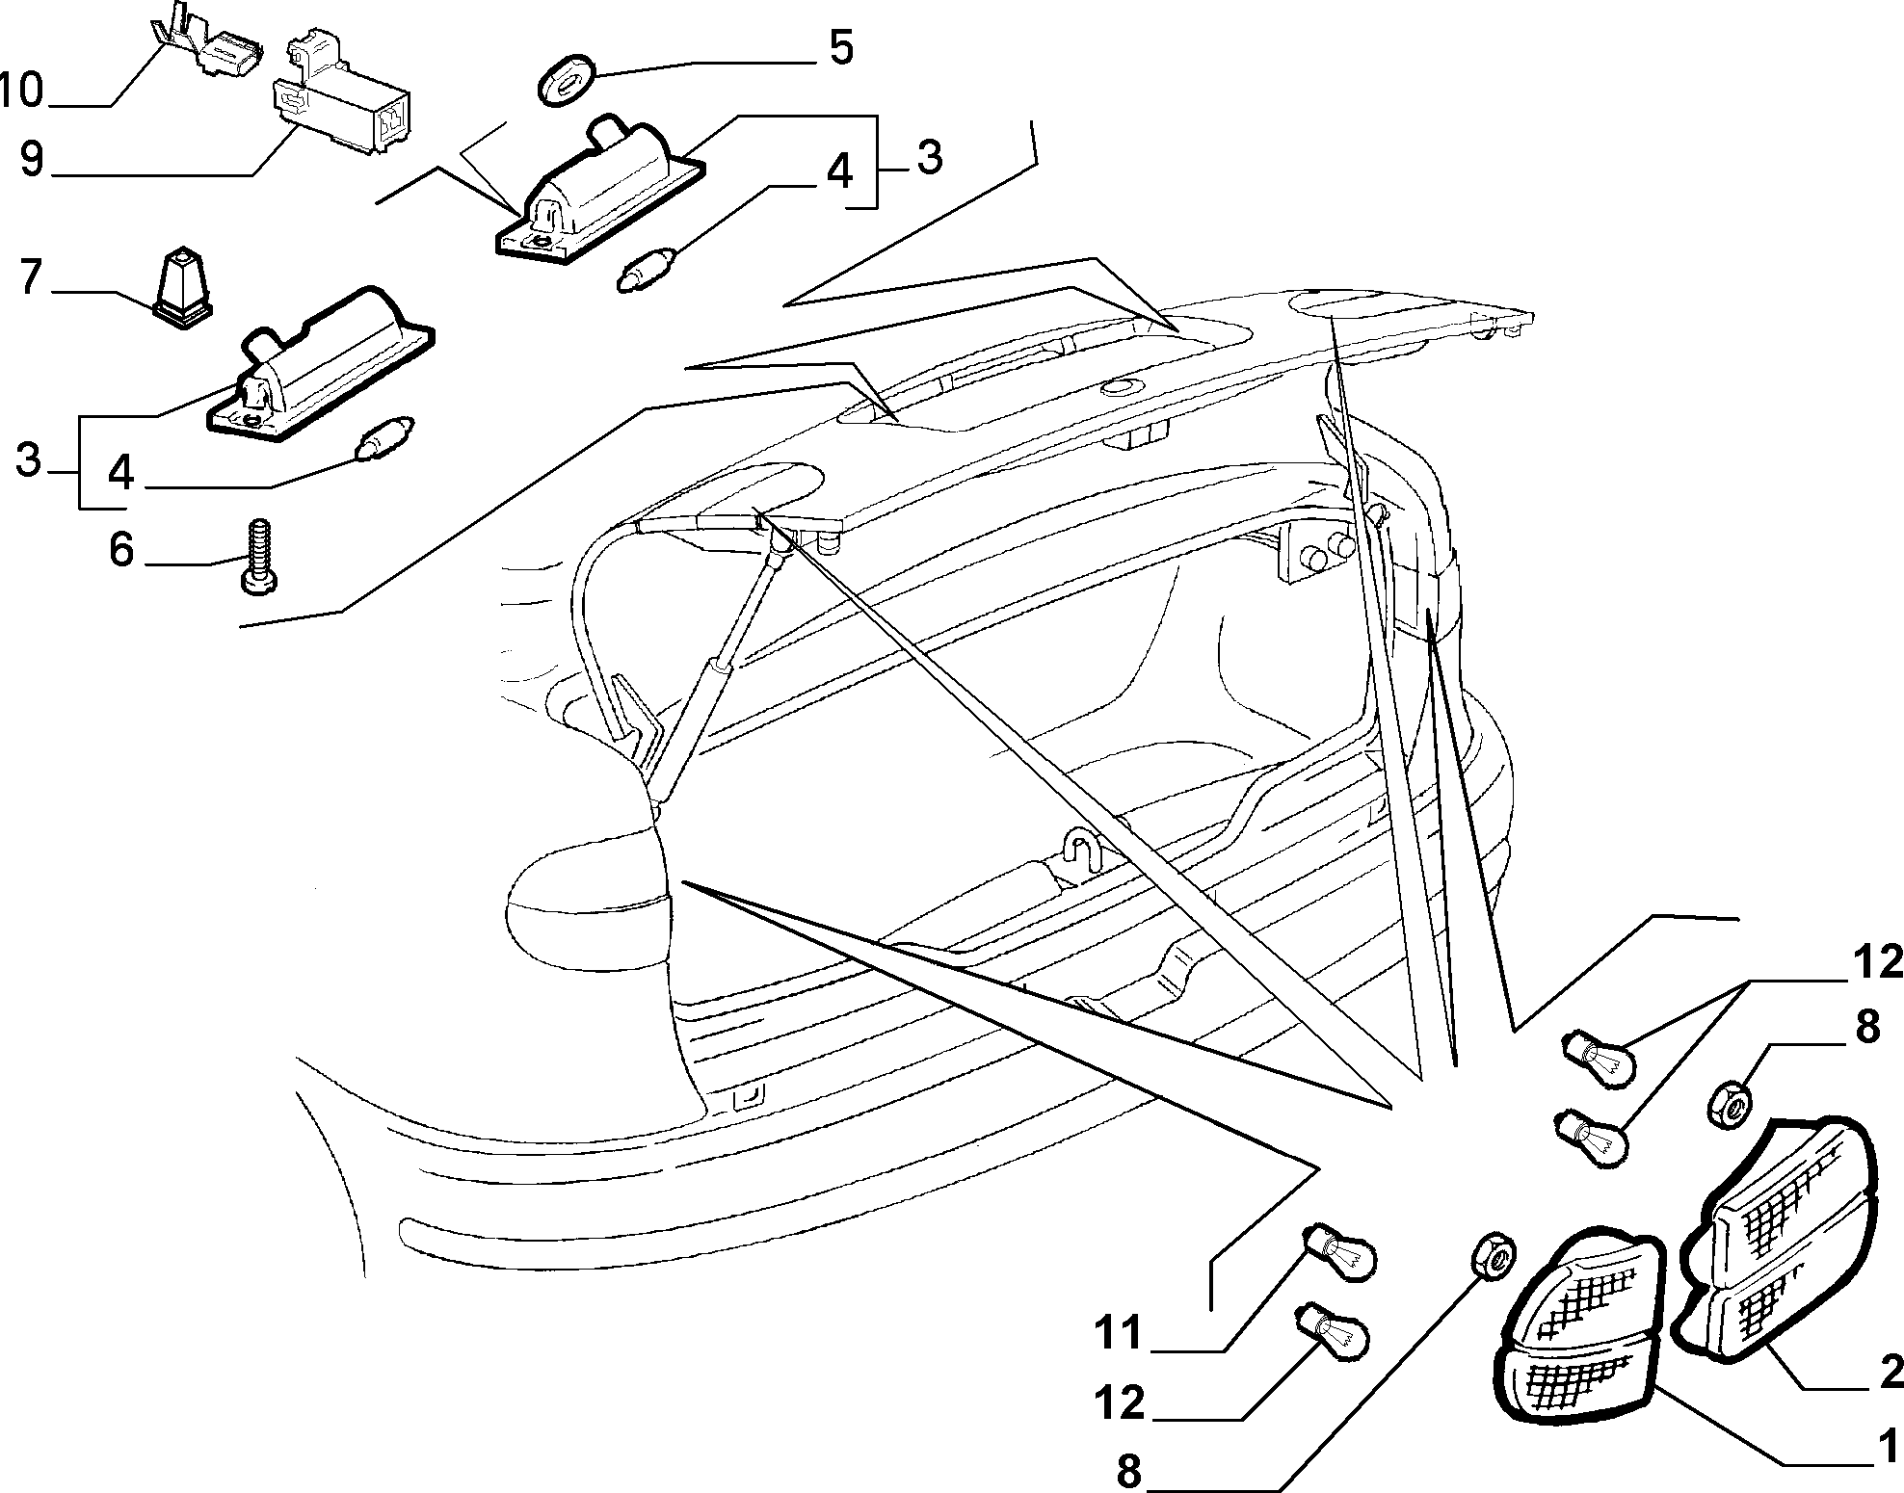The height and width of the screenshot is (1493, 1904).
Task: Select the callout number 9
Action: point(31,159)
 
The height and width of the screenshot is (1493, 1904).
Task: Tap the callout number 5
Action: point(840,47)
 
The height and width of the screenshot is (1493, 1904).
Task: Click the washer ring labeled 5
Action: point(565,85)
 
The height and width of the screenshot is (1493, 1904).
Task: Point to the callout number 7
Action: point(31,278)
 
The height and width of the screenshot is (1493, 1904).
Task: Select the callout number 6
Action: point(119,550)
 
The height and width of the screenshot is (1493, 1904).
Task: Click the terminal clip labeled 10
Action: point(210,48)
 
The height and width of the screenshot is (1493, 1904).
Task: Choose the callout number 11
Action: point(1117,1332)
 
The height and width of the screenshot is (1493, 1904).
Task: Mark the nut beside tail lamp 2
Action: point(1732,1106)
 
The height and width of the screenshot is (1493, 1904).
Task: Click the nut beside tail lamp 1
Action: point(1492,1255)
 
